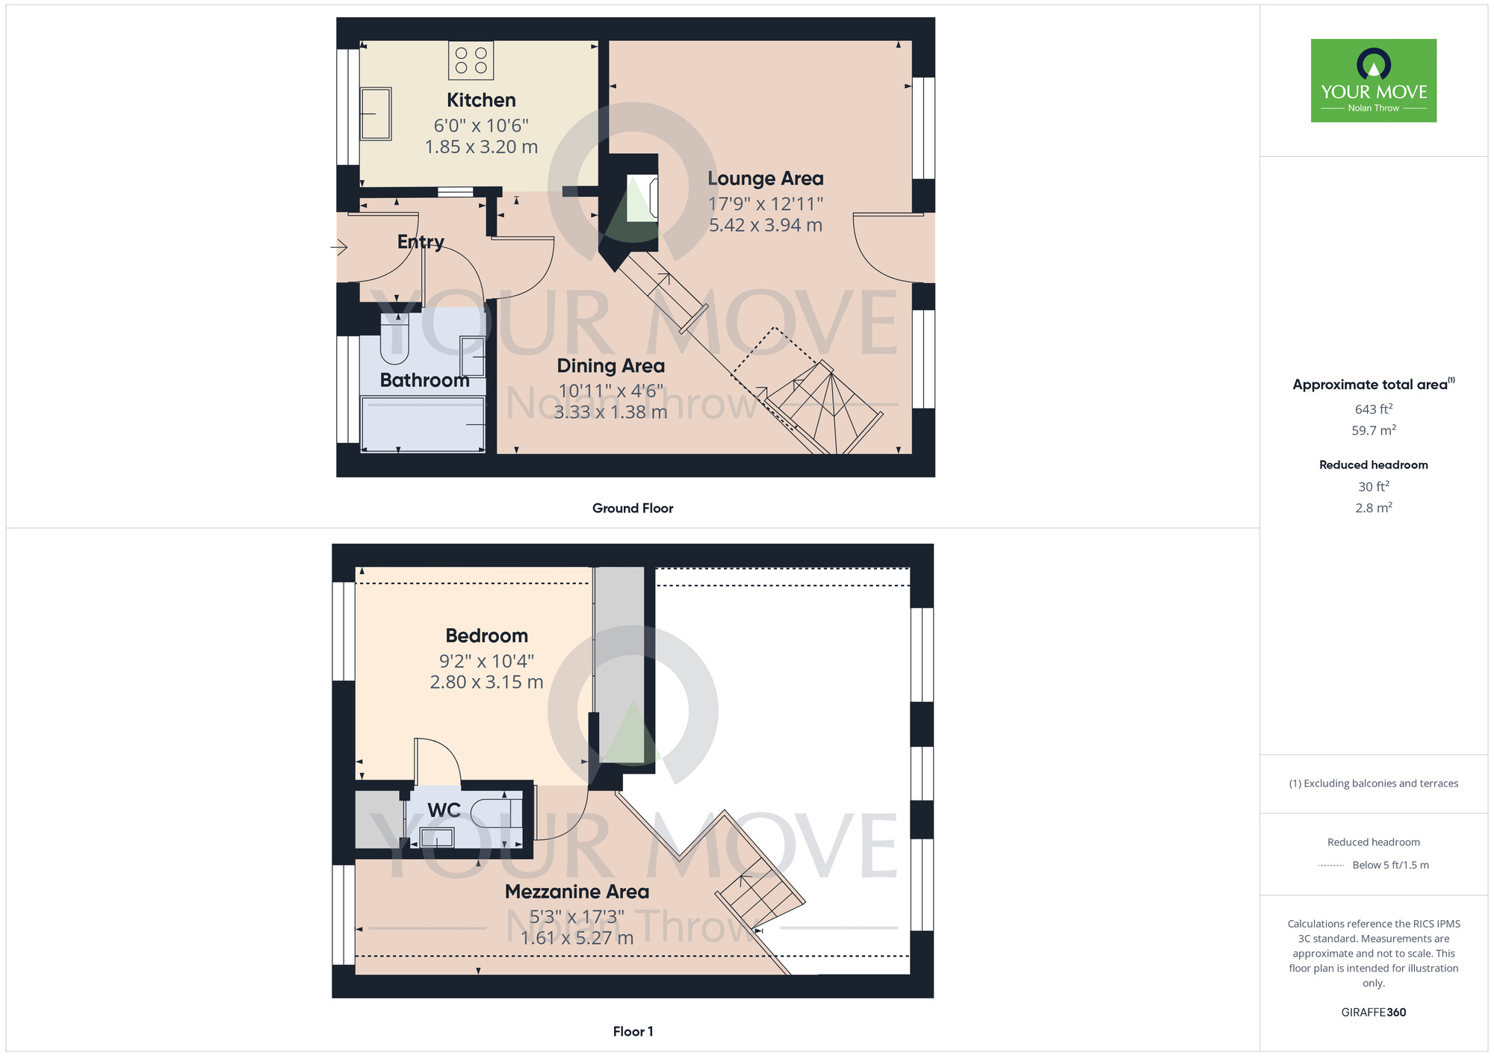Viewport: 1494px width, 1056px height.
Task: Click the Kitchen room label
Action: pyautogui.click(x=481, y=100)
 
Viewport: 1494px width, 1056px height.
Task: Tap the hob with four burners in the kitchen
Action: pyautogui.click(x=471, y=60)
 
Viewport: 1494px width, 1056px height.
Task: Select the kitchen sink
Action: pyautogui.click(x=376, y=114)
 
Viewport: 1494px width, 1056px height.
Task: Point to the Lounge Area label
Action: pyautogui.click(x=766, y=178)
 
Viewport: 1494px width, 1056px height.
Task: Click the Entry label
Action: pyautogui.click(x=421, y=242)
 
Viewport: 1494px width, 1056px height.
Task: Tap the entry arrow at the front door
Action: pyautogui.click(x=339, y=246)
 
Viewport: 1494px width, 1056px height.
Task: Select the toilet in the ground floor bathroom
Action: pyautogui.click(x=395, y=338)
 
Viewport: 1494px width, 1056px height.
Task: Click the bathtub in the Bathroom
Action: pyautogui.click(x=424, y=424)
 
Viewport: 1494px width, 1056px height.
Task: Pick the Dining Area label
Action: pyautogui.click(x=611, y=366)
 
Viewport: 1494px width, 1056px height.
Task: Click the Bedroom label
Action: pyautogui.click(x=487, y=636)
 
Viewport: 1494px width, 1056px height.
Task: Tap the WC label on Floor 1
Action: pyautogui.click(x=444, y=810)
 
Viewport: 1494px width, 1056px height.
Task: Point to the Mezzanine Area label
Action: pyautogui.click(x=577, y=892)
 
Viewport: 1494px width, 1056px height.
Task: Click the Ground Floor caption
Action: pyautogui.click(x=633, y=509)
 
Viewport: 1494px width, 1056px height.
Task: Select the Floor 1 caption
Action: pyautogui.click(x=633, y=1031)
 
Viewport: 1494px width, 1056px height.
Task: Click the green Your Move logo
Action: pyautogui.click(x=1374, y=81)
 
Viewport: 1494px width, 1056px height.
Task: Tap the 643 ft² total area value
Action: pyautogui.click(x=1374, y=409)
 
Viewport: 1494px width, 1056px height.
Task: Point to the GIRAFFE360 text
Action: pyautogui.click(x=1374, y=1013)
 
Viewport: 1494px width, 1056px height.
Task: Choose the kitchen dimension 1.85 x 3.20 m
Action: pyautogui.click(x=481, y=147)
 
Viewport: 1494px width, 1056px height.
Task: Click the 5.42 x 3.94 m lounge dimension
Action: pyautogui.click(x=766, y=226)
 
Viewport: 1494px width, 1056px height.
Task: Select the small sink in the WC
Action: pyautogui.click(x=437, y=838)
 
